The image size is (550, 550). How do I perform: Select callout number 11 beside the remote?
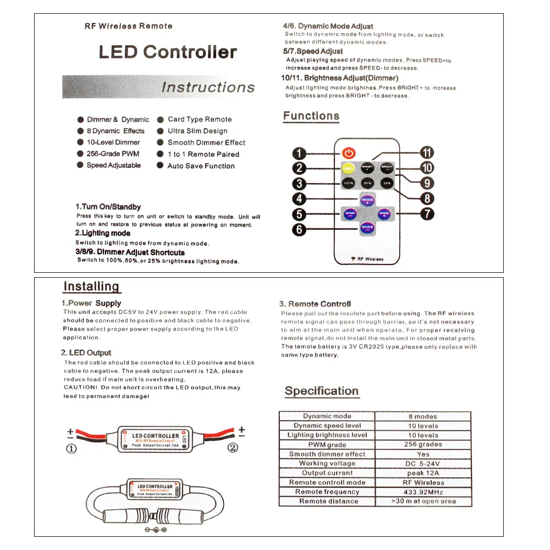(427, 153)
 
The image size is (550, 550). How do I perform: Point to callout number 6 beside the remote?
(299, 229)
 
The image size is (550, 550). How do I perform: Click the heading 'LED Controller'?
(168, 52)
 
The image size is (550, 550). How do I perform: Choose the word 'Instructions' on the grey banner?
(208, 87)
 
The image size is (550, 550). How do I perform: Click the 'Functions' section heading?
(311, 116)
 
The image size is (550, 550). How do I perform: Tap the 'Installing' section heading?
(91, 287)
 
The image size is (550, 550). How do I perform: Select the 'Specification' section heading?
(322, 391)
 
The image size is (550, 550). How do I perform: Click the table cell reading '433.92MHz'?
(422, 492)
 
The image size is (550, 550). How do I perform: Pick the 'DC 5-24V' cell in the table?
(422, 463)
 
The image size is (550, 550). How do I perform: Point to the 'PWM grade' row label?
(327, 444)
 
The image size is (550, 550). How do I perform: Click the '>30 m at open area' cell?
(423, 501)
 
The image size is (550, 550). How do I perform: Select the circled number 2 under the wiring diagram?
(233, 448)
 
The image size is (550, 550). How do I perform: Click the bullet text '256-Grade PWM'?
(113, 154)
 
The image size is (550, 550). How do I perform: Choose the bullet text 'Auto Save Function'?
(201, 166)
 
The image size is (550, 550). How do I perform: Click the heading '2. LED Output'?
(86, 353)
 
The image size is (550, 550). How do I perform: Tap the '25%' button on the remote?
(387, 183)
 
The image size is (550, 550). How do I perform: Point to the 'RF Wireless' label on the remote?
(367, 259)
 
